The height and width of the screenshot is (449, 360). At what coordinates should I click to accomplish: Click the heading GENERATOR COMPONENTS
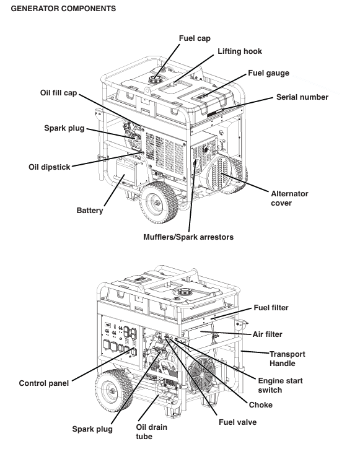tap(63, 9)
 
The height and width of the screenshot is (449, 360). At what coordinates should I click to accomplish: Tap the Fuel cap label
tap(195, 38)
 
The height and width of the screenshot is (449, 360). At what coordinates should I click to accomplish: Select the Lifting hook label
tap(240, 51)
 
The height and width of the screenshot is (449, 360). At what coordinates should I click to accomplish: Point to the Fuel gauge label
tap(268, 73)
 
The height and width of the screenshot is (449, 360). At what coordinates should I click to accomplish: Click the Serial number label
tap(302, 97)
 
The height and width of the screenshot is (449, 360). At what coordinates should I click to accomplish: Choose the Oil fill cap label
tap(58, 93)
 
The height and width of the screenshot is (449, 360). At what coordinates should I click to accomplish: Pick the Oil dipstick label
tap(50, 167)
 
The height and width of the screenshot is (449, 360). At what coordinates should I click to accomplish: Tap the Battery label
tap(90, 211)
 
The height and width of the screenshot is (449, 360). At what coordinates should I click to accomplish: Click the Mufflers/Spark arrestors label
tap(188, 237)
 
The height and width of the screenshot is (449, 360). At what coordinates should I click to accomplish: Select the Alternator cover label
tap(289, 198)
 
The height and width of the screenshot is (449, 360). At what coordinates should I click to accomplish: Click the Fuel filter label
tap(271, 308)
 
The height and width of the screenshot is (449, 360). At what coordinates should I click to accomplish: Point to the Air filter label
tap(267, 334)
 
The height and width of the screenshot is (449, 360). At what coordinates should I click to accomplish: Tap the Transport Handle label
tap(287, 359)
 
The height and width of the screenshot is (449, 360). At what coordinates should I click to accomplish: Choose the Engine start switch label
tap(280, 385)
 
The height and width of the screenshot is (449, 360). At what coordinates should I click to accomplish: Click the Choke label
tap(261, 405)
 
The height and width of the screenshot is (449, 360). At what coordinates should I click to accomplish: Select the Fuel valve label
tap(237, 422)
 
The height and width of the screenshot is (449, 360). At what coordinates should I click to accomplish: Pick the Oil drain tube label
tap(151, 432)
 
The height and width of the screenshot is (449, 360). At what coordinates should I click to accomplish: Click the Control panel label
tap(44, 383)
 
